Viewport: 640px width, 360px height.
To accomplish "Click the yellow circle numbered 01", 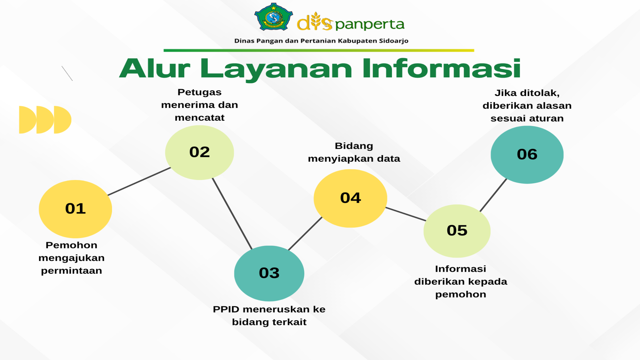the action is pyautogui.click(x=75, y=209).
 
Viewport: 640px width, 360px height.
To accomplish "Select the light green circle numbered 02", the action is pyautogui.click(x=199, y=152).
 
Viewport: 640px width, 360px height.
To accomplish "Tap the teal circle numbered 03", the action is pyautogui.click(x=269, y=273).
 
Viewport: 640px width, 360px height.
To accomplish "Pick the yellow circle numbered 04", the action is pyautogui.click(x=350, y=198).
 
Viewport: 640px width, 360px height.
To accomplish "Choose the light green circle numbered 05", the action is pyautogui.click(x=457, y=231).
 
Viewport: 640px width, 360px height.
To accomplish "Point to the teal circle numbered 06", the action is pyautogui.click(x=527, y=155).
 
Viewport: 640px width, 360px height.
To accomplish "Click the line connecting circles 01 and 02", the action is pyautogui.click(x=139, y=181).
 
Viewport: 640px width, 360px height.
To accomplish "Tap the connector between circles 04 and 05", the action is pyautogui.click(x=406, y=214).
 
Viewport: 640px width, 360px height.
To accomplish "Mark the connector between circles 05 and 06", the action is pyautogui.click(x=493, y=195).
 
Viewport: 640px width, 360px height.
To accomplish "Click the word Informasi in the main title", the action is pyautogui.click(x=442, y=68).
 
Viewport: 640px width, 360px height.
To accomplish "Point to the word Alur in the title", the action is pyautogui.click(x=155, y=68).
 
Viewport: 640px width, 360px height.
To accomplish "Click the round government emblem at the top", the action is pyautogui.click(x=274, y=17).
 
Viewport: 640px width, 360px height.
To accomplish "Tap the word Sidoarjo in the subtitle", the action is pyautogui.click(x=394, y=41).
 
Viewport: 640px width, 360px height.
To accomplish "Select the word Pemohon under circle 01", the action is pyautogui.click(x=71, y=245).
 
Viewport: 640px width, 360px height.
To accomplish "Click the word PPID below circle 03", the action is pyautogui.click(x=226, y=309).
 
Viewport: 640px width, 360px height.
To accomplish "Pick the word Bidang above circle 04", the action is pyautogui.click(x=354, y=146).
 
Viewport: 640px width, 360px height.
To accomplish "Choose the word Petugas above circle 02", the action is pyautogui.click(x=199, y=92).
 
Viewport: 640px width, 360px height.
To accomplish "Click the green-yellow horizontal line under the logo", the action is pyautogui.click(x=319, y=50).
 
